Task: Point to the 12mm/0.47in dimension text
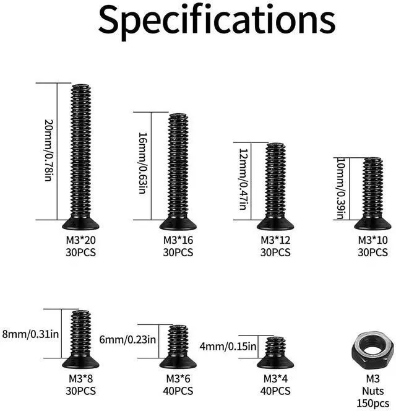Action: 243,180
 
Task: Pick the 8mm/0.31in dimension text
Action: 31,334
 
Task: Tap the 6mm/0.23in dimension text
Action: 128,339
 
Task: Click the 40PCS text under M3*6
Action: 178,391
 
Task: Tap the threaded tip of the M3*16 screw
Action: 178,118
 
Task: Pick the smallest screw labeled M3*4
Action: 275,353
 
